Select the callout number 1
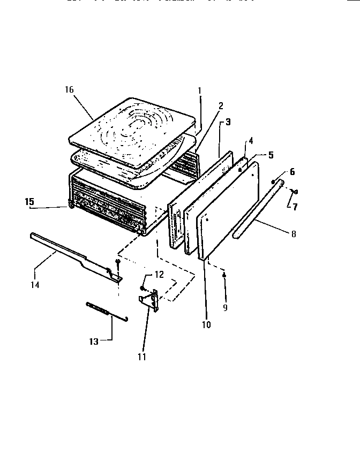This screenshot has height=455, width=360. (199, 90)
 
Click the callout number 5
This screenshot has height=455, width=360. (271, 155)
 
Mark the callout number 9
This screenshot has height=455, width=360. (225, 308)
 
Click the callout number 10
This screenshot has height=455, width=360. (206, 324)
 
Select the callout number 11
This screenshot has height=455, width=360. (141, 355)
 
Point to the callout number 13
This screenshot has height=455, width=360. (94, 342)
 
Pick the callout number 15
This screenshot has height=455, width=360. (29, 202)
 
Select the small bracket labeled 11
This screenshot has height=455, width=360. (149, 302)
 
